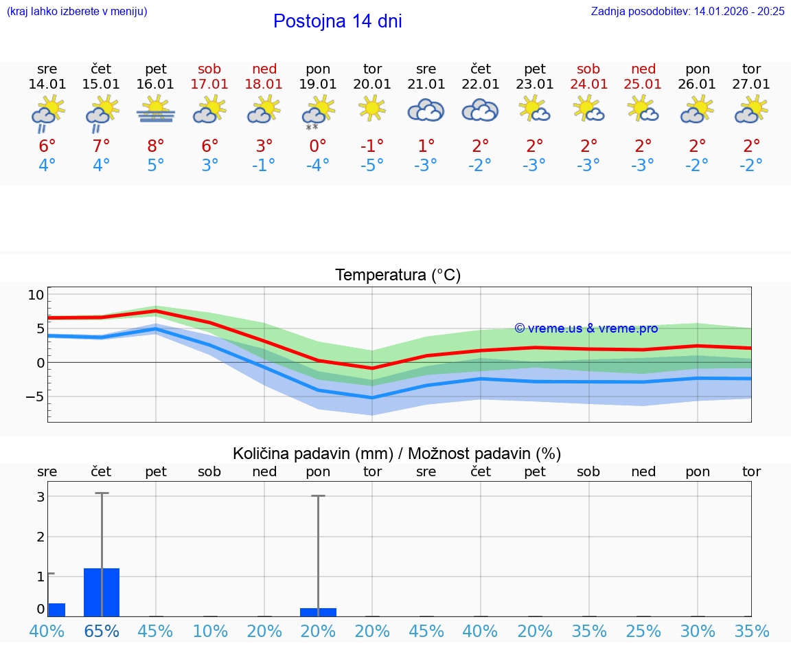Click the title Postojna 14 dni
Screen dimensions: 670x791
[x=337, y=21]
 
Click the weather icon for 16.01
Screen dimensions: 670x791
[x=156, y=110]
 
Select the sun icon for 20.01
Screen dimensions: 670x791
[x=372, y=109]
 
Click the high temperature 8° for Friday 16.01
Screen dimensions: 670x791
[x=156, y=146]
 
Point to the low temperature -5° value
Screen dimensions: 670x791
[x=372, y=166]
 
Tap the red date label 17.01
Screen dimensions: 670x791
[x=209, y=85]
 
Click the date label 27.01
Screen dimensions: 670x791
[x=751, y=85]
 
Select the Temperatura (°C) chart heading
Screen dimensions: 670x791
[x=398, y=276]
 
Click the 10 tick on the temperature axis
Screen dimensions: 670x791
[x=36, y=295]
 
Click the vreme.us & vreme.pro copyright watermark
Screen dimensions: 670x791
[x=586, y=328]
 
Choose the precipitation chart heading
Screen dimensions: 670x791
[x=397, y=454]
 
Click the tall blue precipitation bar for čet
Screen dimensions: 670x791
[x=102, y=592]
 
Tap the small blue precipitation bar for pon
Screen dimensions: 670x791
[x=318, y=612]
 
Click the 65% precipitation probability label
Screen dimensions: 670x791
[x=102, y=631]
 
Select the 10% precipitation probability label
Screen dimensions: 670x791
[x=209, y=631]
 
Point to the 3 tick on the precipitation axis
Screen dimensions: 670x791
[x=41, y=496]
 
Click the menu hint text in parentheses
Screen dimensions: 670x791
[x=77, y=11]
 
